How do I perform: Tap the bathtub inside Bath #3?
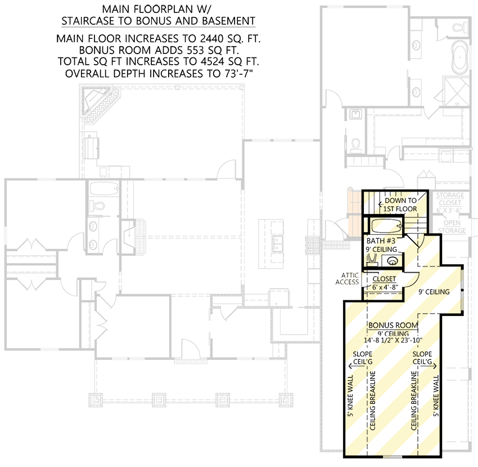pos(385,226)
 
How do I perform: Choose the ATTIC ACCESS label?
pos(348,278)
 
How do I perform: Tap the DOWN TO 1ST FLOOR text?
pos(400,204)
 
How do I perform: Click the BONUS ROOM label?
pos(393,326)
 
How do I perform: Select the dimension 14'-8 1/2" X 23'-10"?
pos(393,340)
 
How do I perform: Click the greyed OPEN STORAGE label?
pos(451,226)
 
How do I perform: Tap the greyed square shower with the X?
pos(456,90)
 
